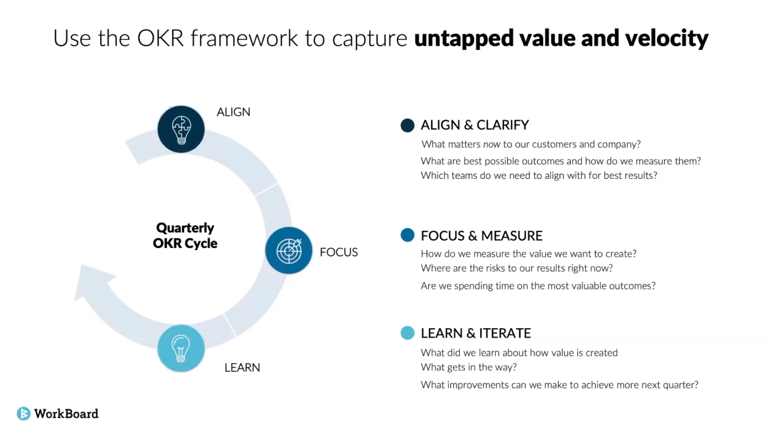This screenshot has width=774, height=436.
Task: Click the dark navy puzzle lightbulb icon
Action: [x=181, y=129]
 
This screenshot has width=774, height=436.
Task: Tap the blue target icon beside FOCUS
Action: [x=289, y=250]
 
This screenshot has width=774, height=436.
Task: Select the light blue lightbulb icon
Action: [x=181, y=348]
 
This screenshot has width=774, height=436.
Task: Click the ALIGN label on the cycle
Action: [x=233, y=112]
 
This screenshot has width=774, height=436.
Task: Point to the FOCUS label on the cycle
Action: [x=338, y=252]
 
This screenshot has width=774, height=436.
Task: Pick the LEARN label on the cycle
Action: [x=242, y=367]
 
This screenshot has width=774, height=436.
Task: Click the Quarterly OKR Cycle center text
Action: [x=185, y=235]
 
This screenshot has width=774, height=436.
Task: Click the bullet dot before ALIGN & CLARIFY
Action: [x=407, y=125]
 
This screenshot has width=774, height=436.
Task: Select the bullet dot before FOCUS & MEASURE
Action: [x=407, y=235]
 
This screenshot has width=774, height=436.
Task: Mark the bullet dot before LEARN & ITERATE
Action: [x=407, y=333]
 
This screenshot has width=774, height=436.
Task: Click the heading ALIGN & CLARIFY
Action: [x=474, y=125]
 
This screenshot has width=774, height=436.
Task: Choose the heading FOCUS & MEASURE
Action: [x=481, y=236]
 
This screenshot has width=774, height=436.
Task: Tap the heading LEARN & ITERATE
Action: [x=475, y=333]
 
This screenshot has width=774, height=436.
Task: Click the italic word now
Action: [x=491, y=144]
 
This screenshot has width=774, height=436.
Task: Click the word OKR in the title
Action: [x=160, y=38]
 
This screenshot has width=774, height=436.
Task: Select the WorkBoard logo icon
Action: [x=23, y=414]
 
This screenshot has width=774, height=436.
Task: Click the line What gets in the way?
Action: [x=468, y=367]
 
